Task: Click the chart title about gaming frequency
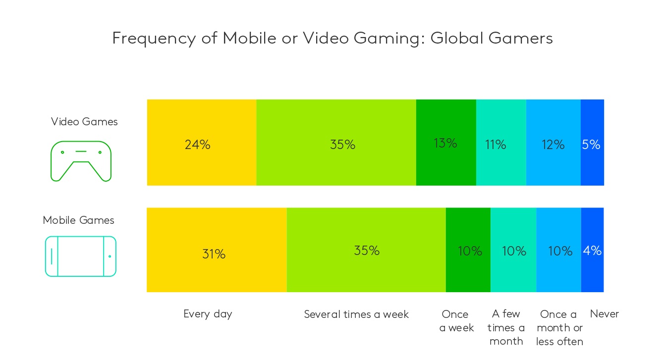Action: pos(332,38)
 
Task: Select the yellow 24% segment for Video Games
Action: pos(201,143)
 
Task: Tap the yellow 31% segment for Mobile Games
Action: pos(217,250)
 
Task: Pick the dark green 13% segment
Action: pos(445,143)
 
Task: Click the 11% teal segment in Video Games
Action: pos(500,143)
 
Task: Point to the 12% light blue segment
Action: pos(553,143)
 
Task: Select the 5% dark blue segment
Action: pos(592,143)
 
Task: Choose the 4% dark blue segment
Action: pos(592,250)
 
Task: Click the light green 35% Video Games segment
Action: pos(336,143)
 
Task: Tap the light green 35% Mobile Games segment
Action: pos(366,250)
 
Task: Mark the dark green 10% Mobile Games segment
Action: pos(468,250)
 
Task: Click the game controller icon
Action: pos(81,161)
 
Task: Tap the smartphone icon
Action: pos(80,256)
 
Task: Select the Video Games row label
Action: pos(84,122)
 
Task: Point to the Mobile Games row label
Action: pos(78,220)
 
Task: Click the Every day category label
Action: pos(208,314)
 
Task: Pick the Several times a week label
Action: pos(356,314)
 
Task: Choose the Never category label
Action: pos(604,314)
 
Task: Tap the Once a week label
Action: pos(456,321)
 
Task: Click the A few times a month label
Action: pos(506,327)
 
